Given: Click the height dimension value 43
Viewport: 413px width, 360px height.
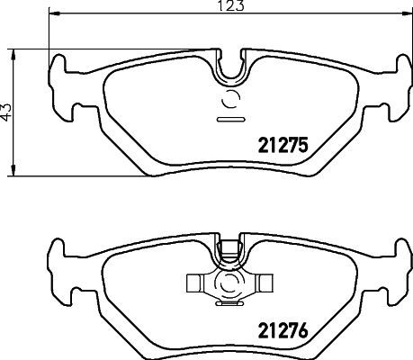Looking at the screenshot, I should [8, 112].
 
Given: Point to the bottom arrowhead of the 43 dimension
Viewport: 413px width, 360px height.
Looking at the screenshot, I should [13, 172].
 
